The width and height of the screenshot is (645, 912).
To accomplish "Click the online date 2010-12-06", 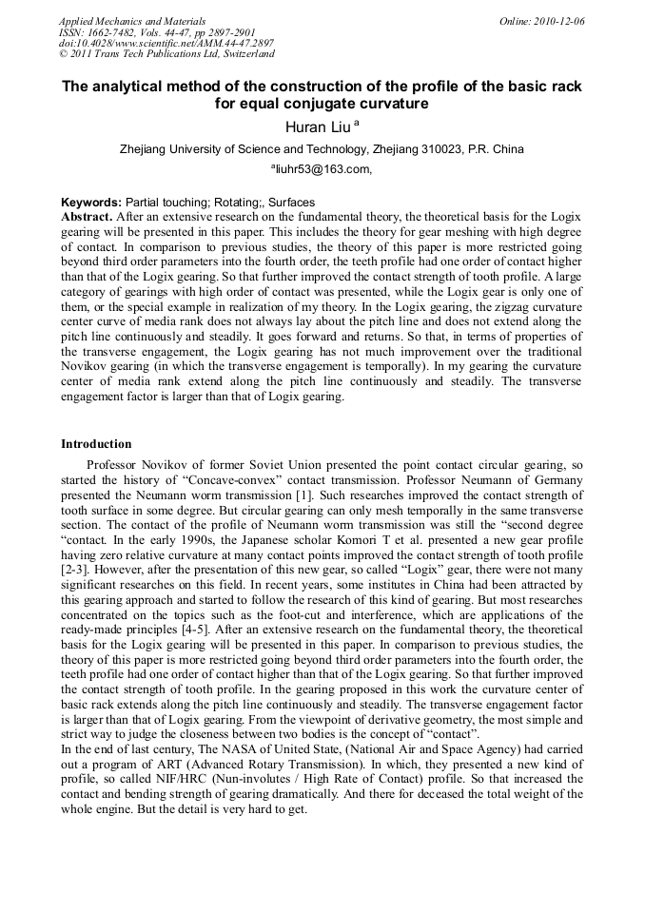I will click(562, 21).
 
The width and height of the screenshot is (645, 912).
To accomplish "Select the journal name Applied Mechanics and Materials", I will click(132, 21).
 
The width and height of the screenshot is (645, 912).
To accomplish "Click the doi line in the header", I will click(166, 44).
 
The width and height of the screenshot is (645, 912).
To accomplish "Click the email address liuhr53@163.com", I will click(322, 170).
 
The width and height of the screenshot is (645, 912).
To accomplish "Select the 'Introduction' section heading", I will click(96, 444).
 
